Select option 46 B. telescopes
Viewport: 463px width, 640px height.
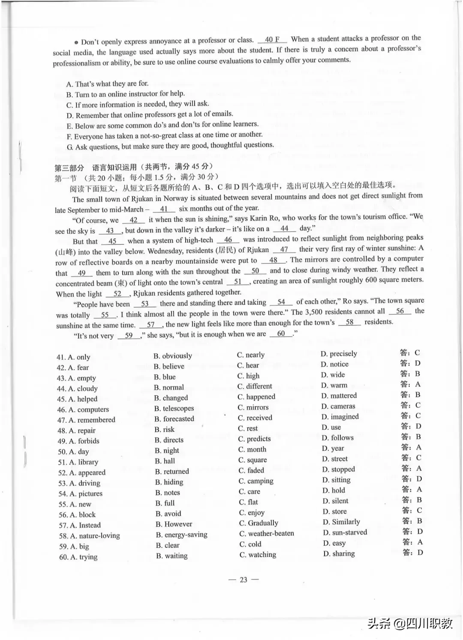point(174,408)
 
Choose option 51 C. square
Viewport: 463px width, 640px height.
point(253,460)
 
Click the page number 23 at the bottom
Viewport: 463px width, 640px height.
point(244,580)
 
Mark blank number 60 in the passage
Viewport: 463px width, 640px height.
point(281,334)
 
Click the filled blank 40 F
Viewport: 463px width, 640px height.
point(272,39)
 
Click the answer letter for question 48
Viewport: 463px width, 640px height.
point(418,426)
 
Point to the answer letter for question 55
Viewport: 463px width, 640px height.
point(419,500)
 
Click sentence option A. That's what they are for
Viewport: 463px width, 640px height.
point(107,84)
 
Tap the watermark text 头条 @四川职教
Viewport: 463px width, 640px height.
point(410,623)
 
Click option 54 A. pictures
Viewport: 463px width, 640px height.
point(81,493)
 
